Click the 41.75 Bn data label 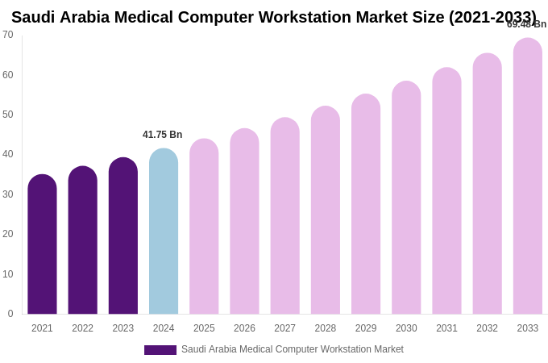point(163,135)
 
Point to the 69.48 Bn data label point(526,24)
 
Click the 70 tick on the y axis point(8,35)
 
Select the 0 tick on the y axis point(10,314)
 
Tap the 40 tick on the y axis point(8,154)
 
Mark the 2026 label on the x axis point(244,328)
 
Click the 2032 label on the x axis point(487,328)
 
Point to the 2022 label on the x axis point(82,328)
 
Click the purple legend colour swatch point(160,350)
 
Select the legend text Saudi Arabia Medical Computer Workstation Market point(292,349)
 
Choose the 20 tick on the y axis point(8,234)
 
